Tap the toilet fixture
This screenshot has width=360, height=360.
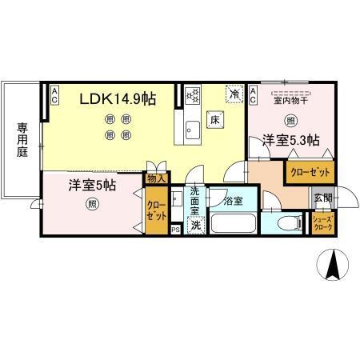287,222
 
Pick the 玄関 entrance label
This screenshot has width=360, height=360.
322,198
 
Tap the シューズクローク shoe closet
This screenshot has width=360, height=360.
322,223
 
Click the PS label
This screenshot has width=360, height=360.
175,230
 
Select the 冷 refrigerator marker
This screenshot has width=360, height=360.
234,94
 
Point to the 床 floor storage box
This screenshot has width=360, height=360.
215,120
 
